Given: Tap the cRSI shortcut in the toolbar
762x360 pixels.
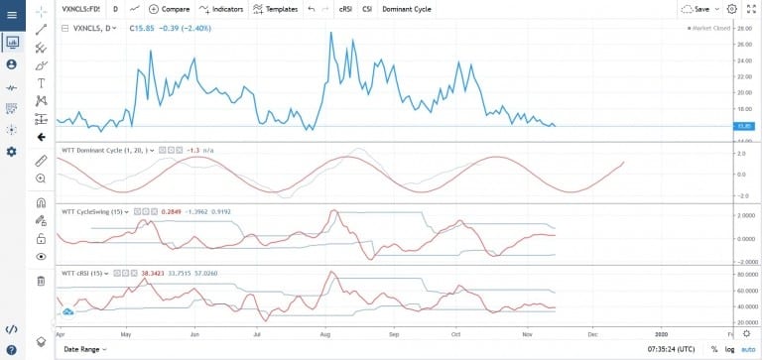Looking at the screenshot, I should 344,8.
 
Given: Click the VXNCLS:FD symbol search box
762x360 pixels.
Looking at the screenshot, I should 80,8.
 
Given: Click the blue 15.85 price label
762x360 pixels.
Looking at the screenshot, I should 742,126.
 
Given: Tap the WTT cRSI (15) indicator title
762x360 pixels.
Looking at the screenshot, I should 85,271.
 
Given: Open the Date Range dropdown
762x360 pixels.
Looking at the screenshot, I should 83,349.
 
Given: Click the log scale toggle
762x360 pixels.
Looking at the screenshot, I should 729,349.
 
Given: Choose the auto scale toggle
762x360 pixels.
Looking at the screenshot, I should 747,349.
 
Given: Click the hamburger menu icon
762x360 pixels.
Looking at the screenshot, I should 11,14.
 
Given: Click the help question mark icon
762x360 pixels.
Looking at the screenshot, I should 11,350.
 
